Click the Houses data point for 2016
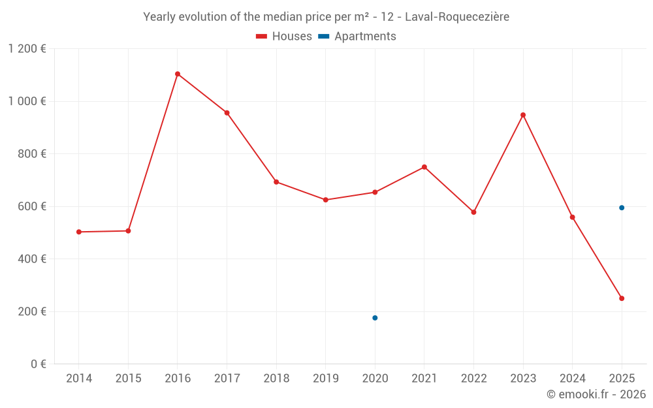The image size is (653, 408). point(178,74)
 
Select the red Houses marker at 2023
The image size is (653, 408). point(523,115)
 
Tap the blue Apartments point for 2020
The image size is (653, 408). point(375,318)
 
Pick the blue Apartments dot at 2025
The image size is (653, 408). point(622,208)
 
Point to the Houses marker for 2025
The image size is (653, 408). point(622,298)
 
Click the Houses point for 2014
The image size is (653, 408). point(79,232)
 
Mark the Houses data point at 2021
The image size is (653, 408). point(424,167)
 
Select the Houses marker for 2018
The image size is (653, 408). point(276,182)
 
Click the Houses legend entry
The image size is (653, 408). point(284,37)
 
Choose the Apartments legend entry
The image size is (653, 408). point(357,37)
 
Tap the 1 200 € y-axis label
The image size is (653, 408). point(27,49)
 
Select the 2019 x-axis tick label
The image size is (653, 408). point(326,379)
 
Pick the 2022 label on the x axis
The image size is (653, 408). point(473,379)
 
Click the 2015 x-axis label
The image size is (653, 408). point(128,379)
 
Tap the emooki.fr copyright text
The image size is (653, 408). point(596,394)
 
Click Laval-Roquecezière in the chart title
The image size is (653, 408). point(457,17)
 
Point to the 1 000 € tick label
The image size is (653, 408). point(27,101)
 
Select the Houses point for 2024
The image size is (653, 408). point(573,217)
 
